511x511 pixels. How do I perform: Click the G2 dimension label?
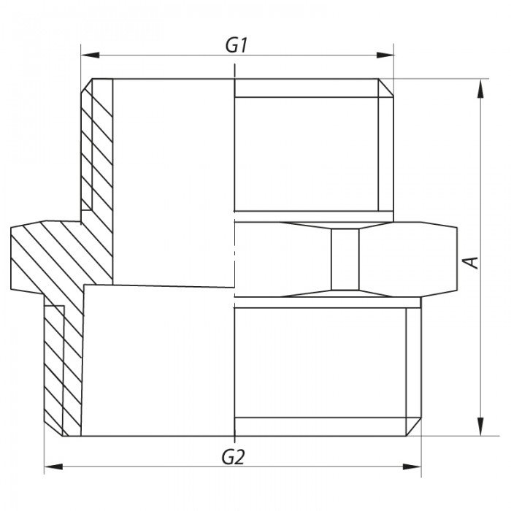[232, 458]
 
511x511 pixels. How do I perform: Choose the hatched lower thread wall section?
[63, 365]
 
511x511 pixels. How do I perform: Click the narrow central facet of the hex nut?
[343, 260]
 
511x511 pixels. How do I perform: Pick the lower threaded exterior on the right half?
[321, 361]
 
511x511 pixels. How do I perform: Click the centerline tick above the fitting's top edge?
[234, 71]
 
